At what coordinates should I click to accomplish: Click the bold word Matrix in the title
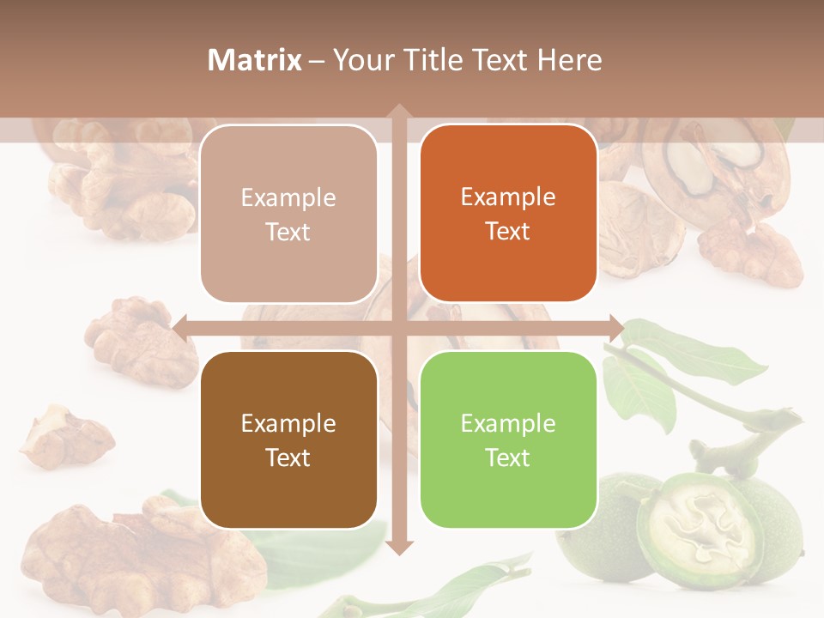point(254,60)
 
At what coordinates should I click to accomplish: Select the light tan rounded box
point(288,214)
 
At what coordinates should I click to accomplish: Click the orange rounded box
point(508,214)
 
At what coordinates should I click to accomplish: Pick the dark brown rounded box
point(288,439)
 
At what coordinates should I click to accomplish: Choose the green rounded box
point(508,439)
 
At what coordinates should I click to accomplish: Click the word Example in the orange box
point(508,197)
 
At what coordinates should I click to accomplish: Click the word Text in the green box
point(508,457)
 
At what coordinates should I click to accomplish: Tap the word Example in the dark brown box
point(288,423)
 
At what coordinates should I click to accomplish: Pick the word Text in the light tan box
point(288,232)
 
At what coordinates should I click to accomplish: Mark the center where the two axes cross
point(398,327)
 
